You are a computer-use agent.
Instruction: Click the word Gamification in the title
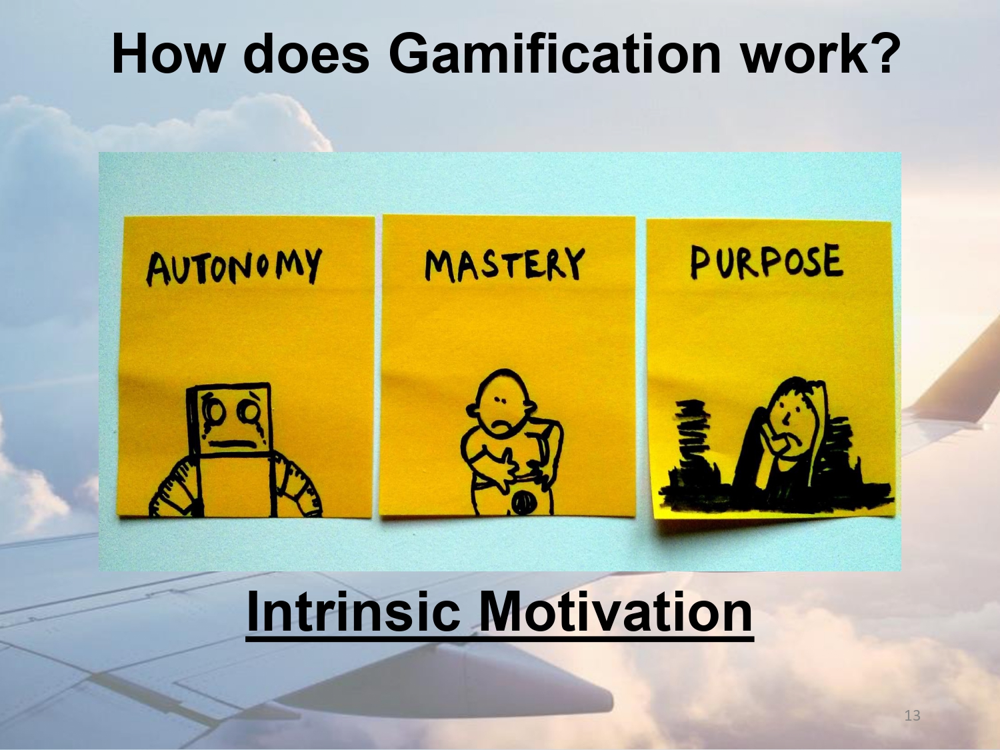(x=555, y=53)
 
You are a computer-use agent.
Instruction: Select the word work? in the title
(x=820, y=53)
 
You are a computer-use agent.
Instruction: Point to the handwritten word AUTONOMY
(x=234, y=266)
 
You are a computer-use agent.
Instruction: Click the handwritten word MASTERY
(x=505, y=264)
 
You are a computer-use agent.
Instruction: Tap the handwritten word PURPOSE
(x=766, y=261)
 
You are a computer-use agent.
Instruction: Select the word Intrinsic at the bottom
(x=353, y=612)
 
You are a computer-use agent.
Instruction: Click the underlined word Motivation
(x=615, y=612)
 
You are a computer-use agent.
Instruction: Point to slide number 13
(x=912, y=715)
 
